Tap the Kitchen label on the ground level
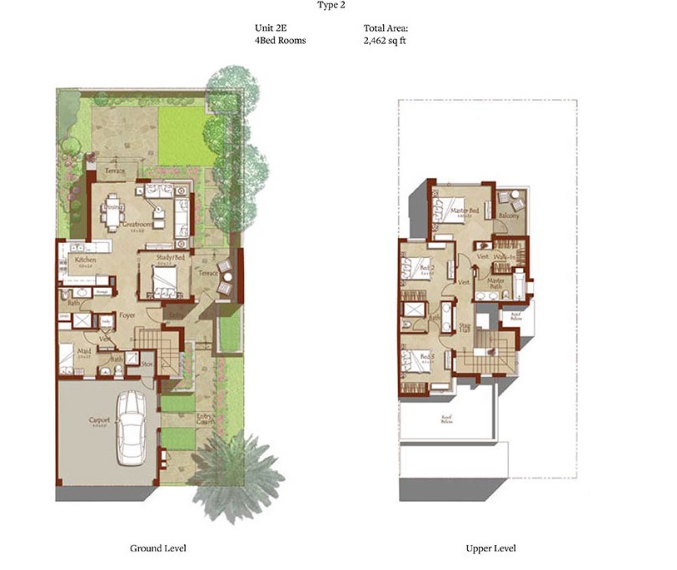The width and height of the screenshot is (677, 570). tap(86, 260)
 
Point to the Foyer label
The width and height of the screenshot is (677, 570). tap(127, 316)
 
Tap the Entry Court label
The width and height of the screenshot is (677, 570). tap(205, 419)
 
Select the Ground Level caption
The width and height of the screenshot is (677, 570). tap(157, 548)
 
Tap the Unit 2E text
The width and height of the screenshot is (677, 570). tap(271, 27)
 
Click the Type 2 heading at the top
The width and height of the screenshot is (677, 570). tap(331, 5)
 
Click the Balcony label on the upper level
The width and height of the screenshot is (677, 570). tap(508, 216)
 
